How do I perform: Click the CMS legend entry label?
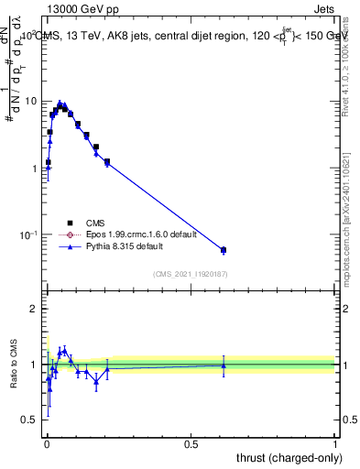95,222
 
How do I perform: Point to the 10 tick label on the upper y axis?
30,101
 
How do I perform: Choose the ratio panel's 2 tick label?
33,309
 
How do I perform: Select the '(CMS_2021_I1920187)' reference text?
190,273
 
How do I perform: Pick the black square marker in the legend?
70,222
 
